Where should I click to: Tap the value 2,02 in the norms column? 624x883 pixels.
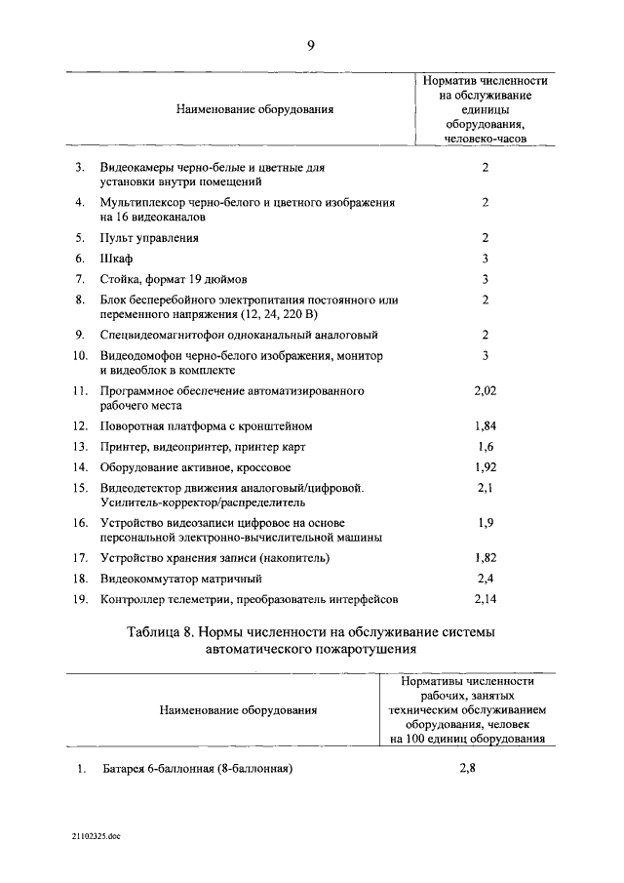coord(485,391)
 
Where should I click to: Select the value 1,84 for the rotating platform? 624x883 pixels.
coord(485,426)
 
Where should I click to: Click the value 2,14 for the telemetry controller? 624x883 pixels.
coord(485,597)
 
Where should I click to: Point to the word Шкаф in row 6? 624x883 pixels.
coord(116,259)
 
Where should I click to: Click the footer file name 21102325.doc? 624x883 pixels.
coord(96,837)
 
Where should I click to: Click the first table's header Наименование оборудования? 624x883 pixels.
coord(254,109)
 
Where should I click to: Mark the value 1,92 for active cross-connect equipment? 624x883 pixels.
coord(485,466)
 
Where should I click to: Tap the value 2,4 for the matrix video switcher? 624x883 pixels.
coord(485,578)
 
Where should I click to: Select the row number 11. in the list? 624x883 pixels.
coord(81,391)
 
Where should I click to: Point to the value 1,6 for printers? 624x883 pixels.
coord(485,446)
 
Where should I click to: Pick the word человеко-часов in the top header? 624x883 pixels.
coord(485,140)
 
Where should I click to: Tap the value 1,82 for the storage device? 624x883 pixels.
coord(485,557)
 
